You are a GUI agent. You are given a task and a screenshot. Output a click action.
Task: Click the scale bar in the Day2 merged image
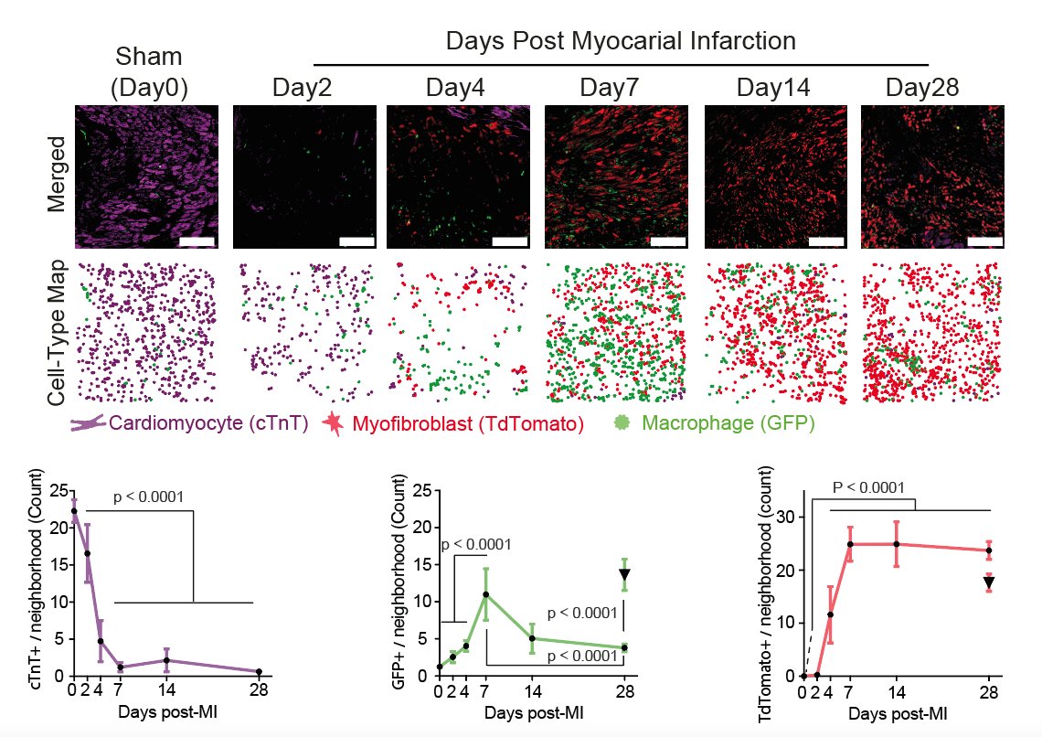(x=356, y=241)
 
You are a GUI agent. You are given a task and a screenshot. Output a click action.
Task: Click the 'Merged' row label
(x=57, y=176)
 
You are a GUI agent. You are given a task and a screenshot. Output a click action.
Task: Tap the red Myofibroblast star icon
(x=335, y=423)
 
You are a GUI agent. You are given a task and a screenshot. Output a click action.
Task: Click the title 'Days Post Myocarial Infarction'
(x=621, y=41)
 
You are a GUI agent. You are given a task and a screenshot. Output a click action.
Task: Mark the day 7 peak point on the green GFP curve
(x=486, y=594)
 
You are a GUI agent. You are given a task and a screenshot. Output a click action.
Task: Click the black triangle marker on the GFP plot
(x=624, y=575)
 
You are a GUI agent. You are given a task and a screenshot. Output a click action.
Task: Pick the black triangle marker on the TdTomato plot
(x=989, y=582)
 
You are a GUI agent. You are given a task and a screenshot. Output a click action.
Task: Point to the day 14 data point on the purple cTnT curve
(x=165, y=660)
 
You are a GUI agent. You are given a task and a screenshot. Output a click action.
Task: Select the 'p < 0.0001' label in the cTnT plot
(x=150, y=497)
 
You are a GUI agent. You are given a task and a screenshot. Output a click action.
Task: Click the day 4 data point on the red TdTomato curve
(x=830, y=614)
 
